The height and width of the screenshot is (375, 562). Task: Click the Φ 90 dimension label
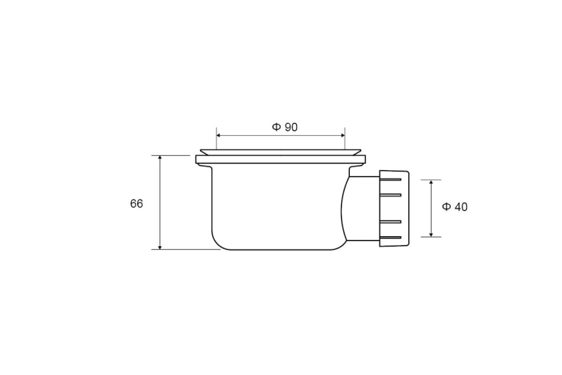pyautogui.click(x=285, y=127)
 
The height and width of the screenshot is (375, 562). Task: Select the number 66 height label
pyautogui.click(x=136, y=203)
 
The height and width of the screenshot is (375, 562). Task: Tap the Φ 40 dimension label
pyautogui.click(x=455, y=207)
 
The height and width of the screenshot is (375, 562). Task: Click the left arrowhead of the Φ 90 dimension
pyautogui.click(x=219, y=135)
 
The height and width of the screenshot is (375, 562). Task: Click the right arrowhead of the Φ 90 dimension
pyautogui.click(x=342, y=135)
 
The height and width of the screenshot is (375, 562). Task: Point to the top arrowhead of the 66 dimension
pyautogui.click(x=160, y=158)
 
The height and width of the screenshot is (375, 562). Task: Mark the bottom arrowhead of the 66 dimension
pyautogui.click(x=160, y=247)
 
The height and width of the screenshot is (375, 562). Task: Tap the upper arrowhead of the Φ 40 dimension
pyautogui.click(x=431, y=182)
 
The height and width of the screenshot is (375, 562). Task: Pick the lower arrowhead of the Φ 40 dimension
pyautogui.click(x=431, y=234)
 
